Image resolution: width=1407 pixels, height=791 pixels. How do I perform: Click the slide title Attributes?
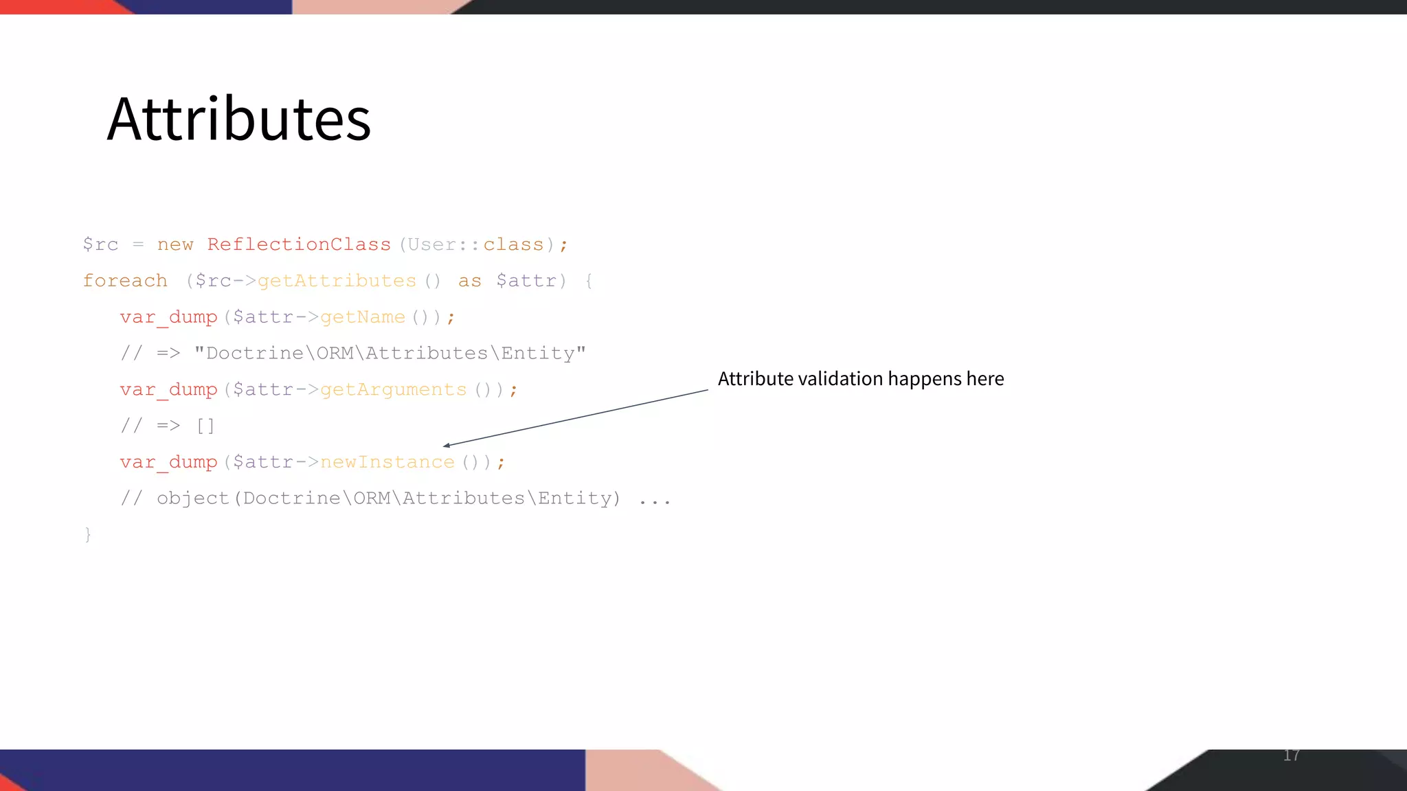[x=239, y=119]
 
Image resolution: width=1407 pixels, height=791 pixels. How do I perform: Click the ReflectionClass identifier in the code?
[x=299, y=244]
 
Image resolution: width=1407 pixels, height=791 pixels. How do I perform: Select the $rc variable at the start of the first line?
[x=100, y=244]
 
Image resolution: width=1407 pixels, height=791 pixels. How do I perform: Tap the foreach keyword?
[x=125, y=281]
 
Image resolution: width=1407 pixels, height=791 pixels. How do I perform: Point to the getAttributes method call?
[x=337, y=281]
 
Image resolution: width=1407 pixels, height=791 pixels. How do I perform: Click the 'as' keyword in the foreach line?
[x=470, y=281]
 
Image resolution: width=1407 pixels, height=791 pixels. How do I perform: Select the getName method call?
[x=363, y=317]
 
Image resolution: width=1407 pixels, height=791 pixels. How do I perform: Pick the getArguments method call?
[x=393, y=390]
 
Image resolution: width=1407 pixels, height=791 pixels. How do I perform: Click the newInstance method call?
[x=387, y=462]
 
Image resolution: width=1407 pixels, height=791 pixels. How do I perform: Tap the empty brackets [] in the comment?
[x=205, y=426]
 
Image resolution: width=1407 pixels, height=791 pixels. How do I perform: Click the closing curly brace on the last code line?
[x=88, y=534]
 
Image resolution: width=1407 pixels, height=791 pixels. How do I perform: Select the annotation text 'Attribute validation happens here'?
[x=861, y=379]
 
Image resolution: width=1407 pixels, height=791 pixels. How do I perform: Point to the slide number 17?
[x=1291, y=755]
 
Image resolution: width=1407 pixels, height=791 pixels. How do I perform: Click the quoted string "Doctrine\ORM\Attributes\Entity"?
[x=390, y=354]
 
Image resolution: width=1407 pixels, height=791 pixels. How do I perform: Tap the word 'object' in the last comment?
[x=193, y=498]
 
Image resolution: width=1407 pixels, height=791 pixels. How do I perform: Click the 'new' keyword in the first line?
[x=175, y=244]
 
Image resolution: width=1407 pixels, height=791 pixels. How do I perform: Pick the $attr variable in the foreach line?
[x=526, y=281]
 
